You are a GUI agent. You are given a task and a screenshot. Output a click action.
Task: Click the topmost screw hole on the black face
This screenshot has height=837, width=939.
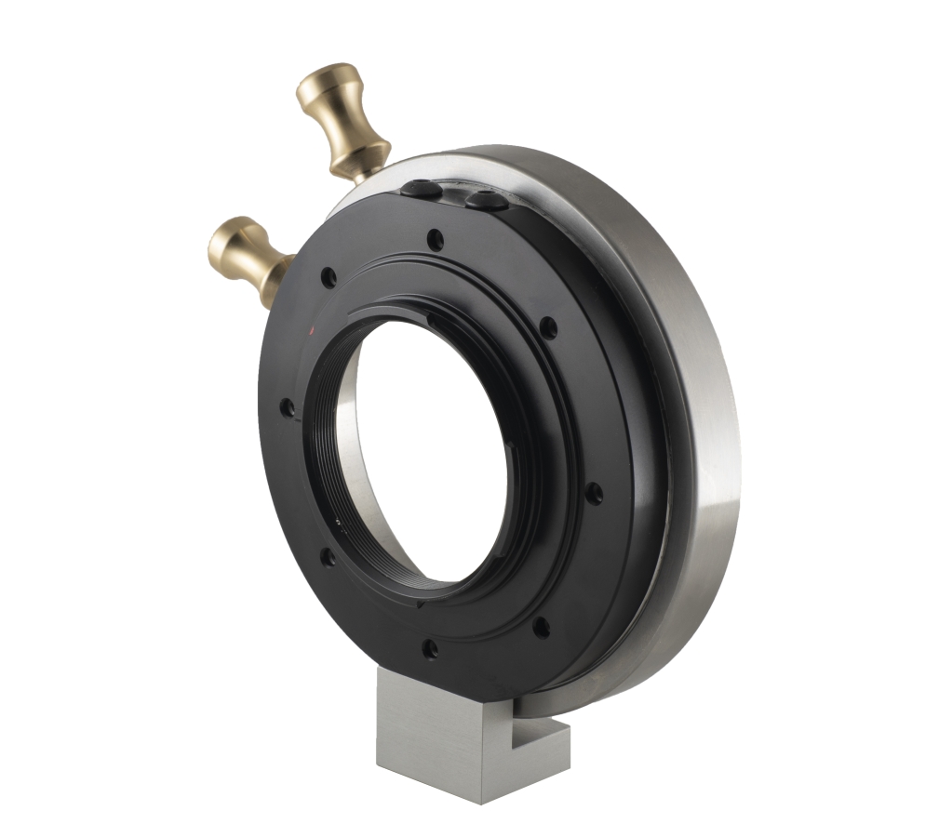pos(435,240)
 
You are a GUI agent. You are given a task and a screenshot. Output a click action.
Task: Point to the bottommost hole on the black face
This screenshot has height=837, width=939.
pos(429,647)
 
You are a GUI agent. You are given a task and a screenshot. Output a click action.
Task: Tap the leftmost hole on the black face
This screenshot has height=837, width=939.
pos(288,407)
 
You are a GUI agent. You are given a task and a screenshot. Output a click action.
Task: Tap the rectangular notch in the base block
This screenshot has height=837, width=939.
pos(538,730)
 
